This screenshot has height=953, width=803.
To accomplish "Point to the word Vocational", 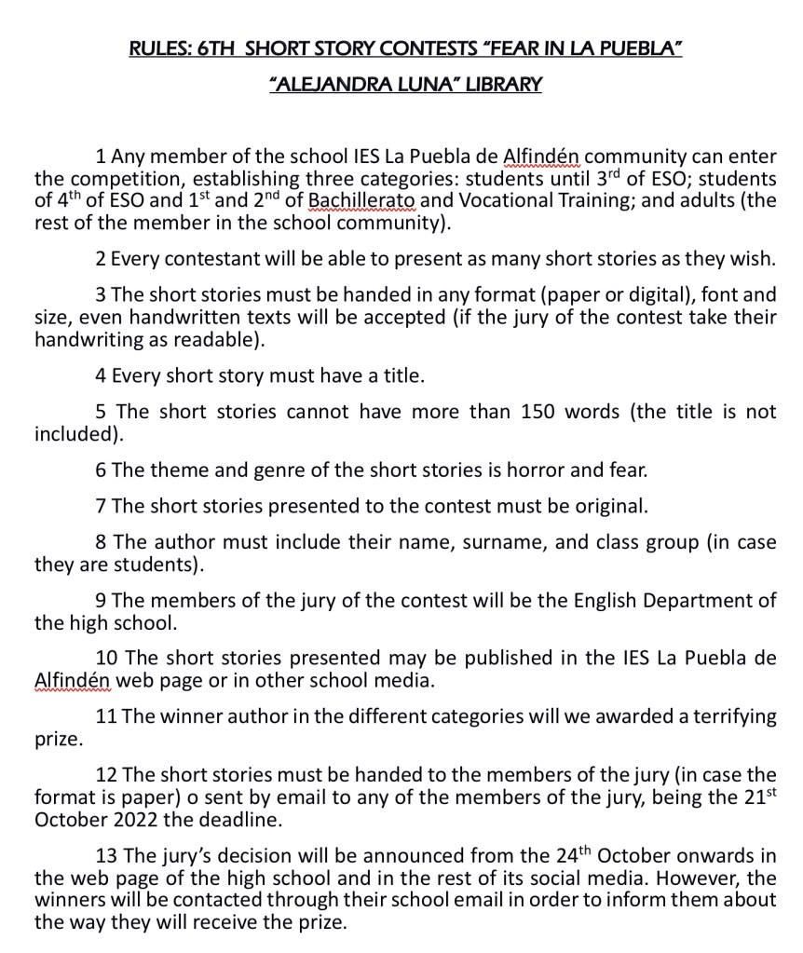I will (499, 200).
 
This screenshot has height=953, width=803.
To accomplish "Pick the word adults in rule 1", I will (686, 200).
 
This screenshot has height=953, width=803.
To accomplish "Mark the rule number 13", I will (106, 856).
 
